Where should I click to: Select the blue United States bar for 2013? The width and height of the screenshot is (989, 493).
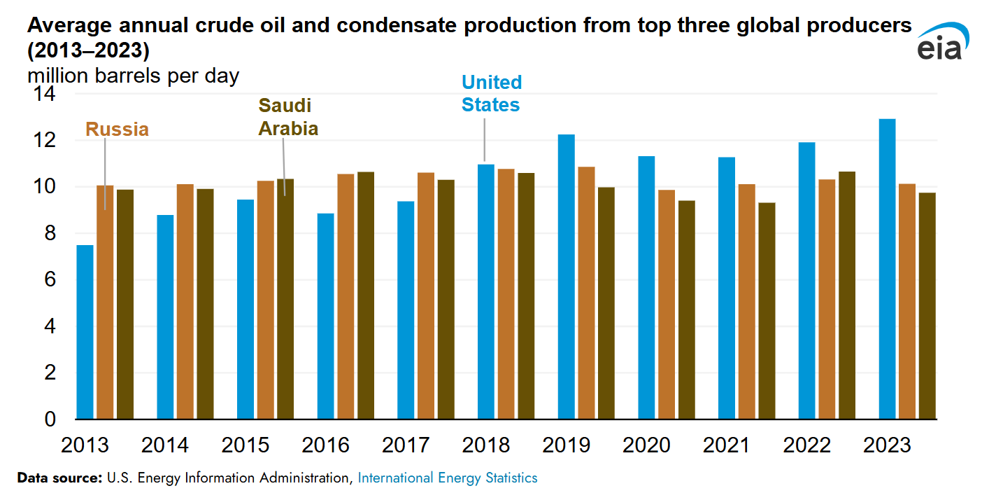pos(85,332)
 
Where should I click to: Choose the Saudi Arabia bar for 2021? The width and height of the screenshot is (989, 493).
pos(767,311)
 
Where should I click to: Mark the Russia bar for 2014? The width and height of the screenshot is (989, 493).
pos(185,301)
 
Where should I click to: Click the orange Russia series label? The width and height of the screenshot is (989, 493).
pos(117,130)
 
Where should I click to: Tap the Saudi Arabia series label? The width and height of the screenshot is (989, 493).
pos(288,117)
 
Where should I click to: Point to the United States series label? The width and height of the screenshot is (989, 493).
pos(491,93)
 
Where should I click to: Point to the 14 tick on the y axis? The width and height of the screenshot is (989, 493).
pos(44,94)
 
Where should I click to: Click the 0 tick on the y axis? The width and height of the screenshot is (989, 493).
pos(49,419)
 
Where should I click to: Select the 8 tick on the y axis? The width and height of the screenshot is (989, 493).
pos(49,233)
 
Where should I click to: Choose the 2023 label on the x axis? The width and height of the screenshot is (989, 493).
pos(888,445)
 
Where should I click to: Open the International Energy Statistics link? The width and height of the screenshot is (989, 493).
pos(448,478)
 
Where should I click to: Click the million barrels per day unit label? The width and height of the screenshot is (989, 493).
pos(133,76)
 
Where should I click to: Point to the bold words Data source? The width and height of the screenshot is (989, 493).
pos(59,478)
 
